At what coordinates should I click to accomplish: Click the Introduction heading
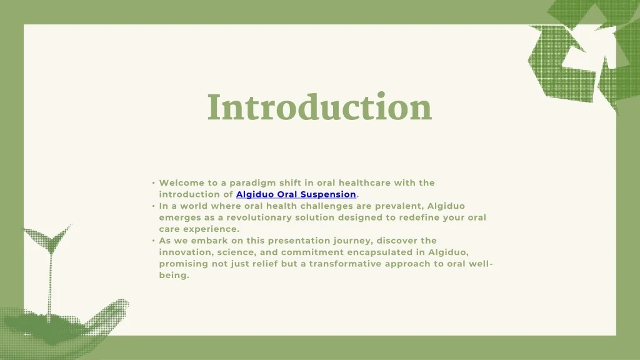[x=319, y=107]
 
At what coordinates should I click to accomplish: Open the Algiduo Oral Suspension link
[x=296, y=194]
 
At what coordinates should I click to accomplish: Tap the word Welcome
[x=181, y=182]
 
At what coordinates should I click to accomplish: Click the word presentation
[x=297, y=241]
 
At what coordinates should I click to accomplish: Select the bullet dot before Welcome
[x=153, y=183]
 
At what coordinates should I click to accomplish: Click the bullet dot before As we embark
[x=153, y=241]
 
